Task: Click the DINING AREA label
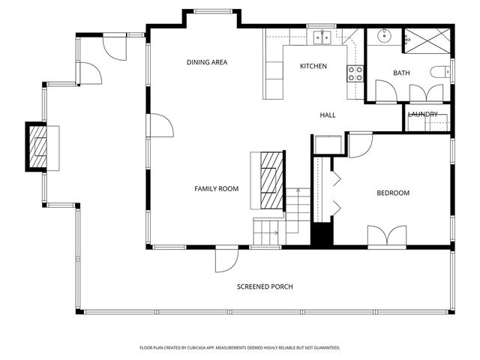pyautogui.click(x=207, y=62)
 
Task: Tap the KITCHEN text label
pyautogui.click(x=313, y=67)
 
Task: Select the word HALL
pyautogui.click(x=328, y=115)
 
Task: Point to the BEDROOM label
pyautogui.click(x=393, y=193)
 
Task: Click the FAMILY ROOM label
pyautogui.click(x=216, y=189)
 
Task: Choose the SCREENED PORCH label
pyautogui.click(x=265, y=287)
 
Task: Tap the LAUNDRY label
pyautogui.click(x=423, y=114)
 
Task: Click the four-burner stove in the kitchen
pyautogui.click(x=354, y=73)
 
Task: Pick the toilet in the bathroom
pyautogui.click(x=439, y=73)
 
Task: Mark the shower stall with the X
pyautogui.click(x=427, y=40)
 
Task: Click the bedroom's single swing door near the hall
pyautogui.click(x=360, y=144)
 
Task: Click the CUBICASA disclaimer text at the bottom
pyautogui.click(x=240, y=348)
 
